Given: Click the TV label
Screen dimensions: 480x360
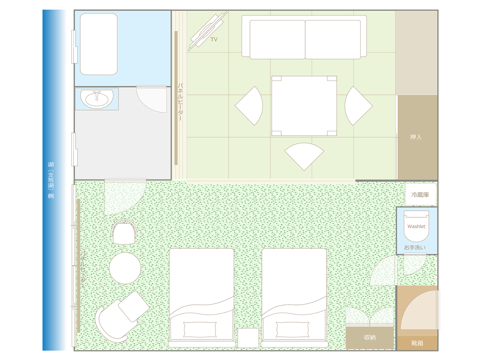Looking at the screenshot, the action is (x=214, y=39).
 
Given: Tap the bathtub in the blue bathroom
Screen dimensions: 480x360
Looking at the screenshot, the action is (x=99, y=44).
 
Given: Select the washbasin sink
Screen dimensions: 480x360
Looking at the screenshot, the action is (x=97, y=99).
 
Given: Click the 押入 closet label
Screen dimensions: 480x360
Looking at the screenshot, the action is (x=416, y=137).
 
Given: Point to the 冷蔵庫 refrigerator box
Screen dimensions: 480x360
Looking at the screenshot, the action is (x=420, y=194).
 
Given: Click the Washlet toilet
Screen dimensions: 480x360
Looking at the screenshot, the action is (x=416, y=226).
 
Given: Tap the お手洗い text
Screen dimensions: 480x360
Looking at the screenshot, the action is (x=415, y=247).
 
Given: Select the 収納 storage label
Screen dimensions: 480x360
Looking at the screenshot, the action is (x=370, y=338).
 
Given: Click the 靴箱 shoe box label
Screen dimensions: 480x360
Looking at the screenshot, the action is (x=417, y=343).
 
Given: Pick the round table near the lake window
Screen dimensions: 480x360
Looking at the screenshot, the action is (x=125, y=268).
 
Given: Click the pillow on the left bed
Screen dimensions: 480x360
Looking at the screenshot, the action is (x=200, y=329).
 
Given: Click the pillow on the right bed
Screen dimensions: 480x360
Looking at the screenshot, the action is (x=292, y=329).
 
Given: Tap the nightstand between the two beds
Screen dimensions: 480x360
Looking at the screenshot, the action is (x=248, y=338).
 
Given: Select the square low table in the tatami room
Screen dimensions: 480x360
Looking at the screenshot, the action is (x=304, y=106).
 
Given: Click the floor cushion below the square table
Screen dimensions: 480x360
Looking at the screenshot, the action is (x=304, y=156).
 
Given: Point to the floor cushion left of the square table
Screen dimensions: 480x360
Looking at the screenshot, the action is (x=249, y=106).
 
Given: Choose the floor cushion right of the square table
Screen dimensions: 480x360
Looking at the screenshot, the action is (x=358, y=106).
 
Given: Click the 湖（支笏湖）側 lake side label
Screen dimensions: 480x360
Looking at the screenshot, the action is (x=51, y=180).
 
